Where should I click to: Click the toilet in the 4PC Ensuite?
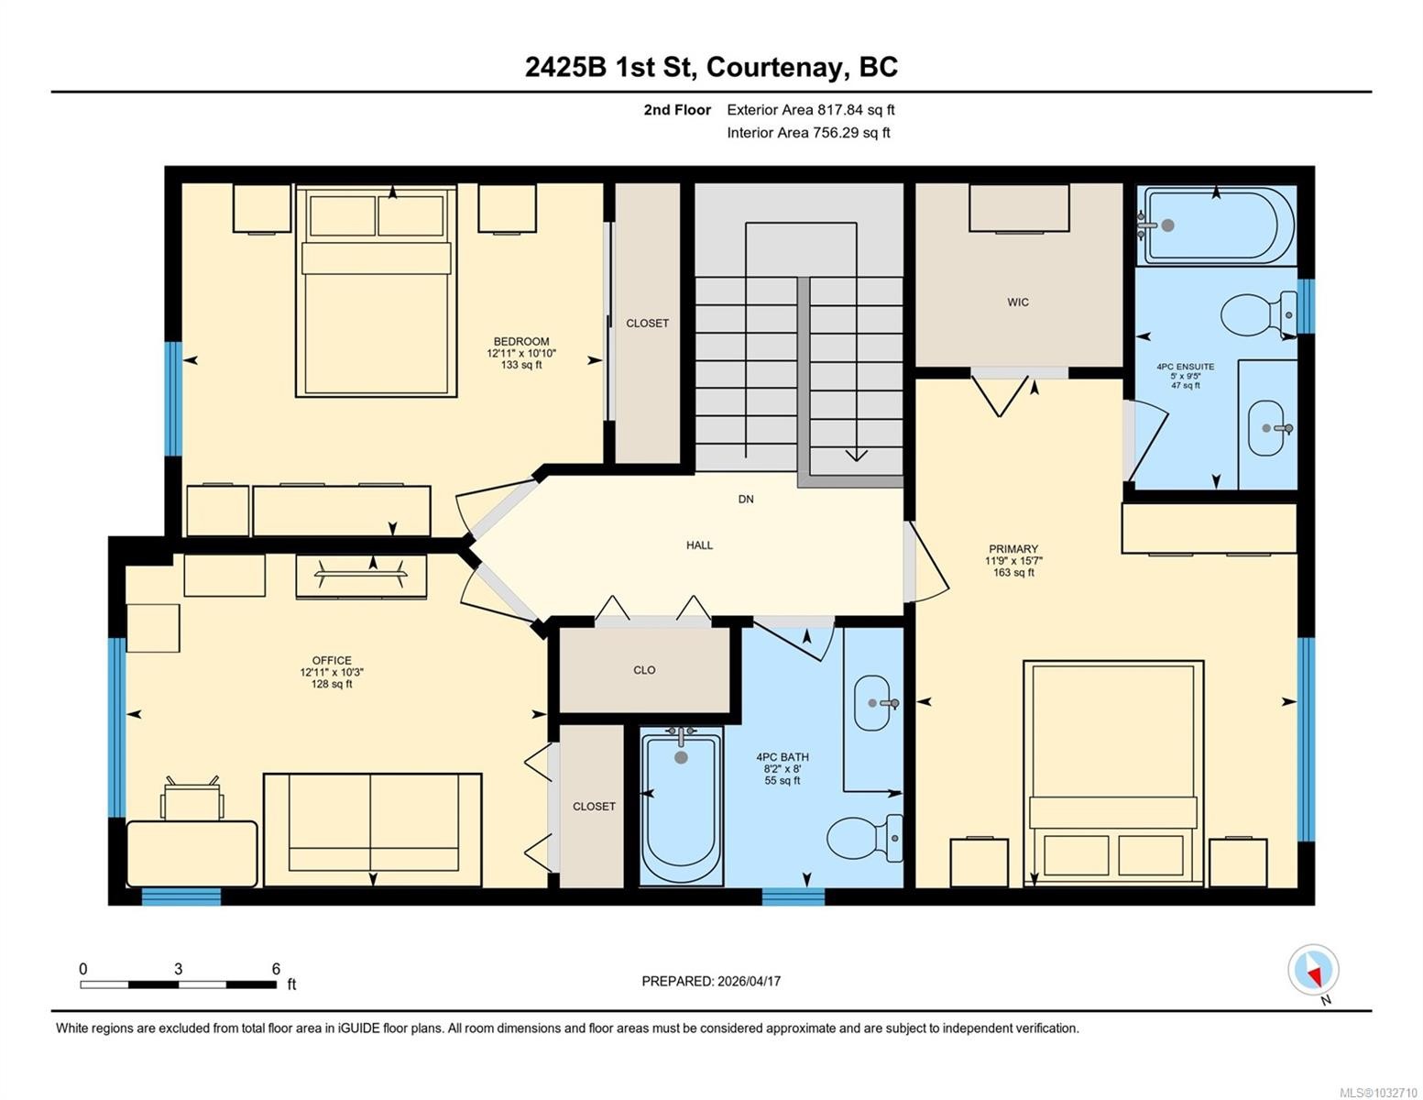(1257, 314)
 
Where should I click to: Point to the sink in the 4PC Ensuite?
(1267, 428)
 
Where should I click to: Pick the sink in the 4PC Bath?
(871, 703)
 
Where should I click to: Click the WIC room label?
(1017, 302)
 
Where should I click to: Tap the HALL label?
(699, 545)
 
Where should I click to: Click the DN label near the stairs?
(746, 500)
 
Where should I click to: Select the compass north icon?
(1313, 971)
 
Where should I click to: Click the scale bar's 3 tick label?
(178, 969)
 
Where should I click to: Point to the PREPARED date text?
(711, 981)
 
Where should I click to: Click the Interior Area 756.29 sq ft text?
(808, 133)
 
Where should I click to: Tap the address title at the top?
(711, 67)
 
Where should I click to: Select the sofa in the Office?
(372, 830)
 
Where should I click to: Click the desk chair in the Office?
(192, 800)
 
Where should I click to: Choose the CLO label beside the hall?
(644, 670)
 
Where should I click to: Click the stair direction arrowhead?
(856, 455)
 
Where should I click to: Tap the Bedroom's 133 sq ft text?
(521, 365)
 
